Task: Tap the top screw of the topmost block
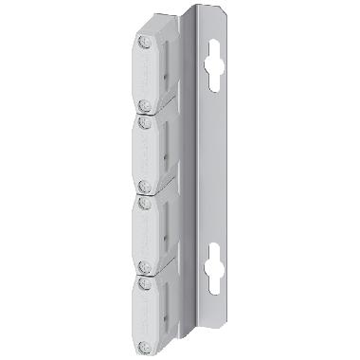(142, 43)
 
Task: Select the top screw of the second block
(143, 122)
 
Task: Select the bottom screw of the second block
(143, 187)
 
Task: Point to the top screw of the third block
(143, 202)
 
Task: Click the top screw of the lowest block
(143, 282)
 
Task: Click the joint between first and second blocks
(152, 115)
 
